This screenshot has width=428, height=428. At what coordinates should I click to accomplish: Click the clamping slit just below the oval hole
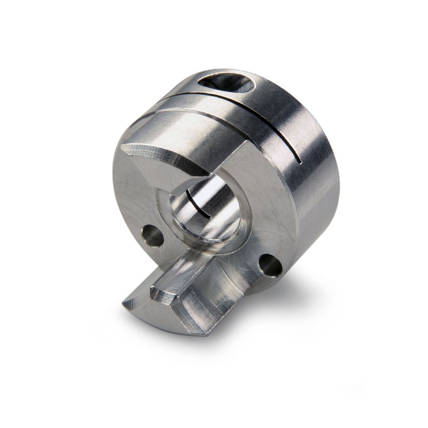click(235, 104)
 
